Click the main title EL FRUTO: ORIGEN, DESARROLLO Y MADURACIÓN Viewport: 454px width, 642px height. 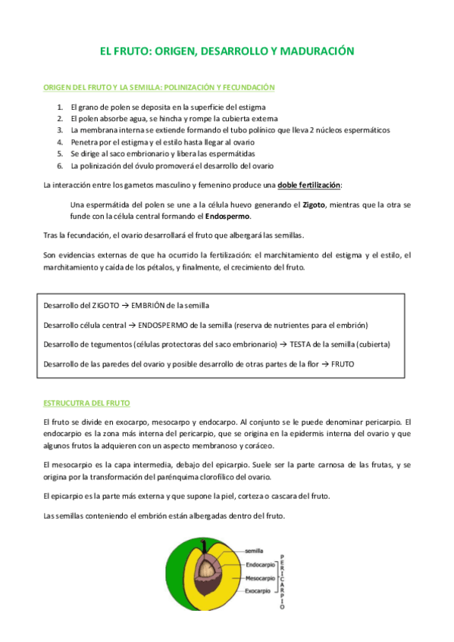pyautogui.click(x=227, y=51)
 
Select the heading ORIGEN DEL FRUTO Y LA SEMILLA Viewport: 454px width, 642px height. pyautogui.click(x=158, y=88)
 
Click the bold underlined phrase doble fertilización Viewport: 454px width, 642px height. pyautogui.click(x=309, y=185)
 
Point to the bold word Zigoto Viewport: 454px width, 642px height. pyautogui.click(x=318, y=204)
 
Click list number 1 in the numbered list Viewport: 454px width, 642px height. pyautogui.click(x=60, y=107)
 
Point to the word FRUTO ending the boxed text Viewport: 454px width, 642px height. pyautogui.click(x=343, y=364)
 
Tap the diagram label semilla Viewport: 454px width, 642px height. pyautogui.click(x=254, y=552)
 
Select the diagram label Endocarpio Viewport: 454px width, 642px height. pyautogui.click(x=261, y=565)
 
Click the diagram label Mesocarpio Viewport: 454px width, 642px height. pyautogui.click(x=261, y=578)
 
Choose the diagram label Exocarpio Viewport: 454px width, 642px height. pyautogui.click(x=259, y=591)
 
